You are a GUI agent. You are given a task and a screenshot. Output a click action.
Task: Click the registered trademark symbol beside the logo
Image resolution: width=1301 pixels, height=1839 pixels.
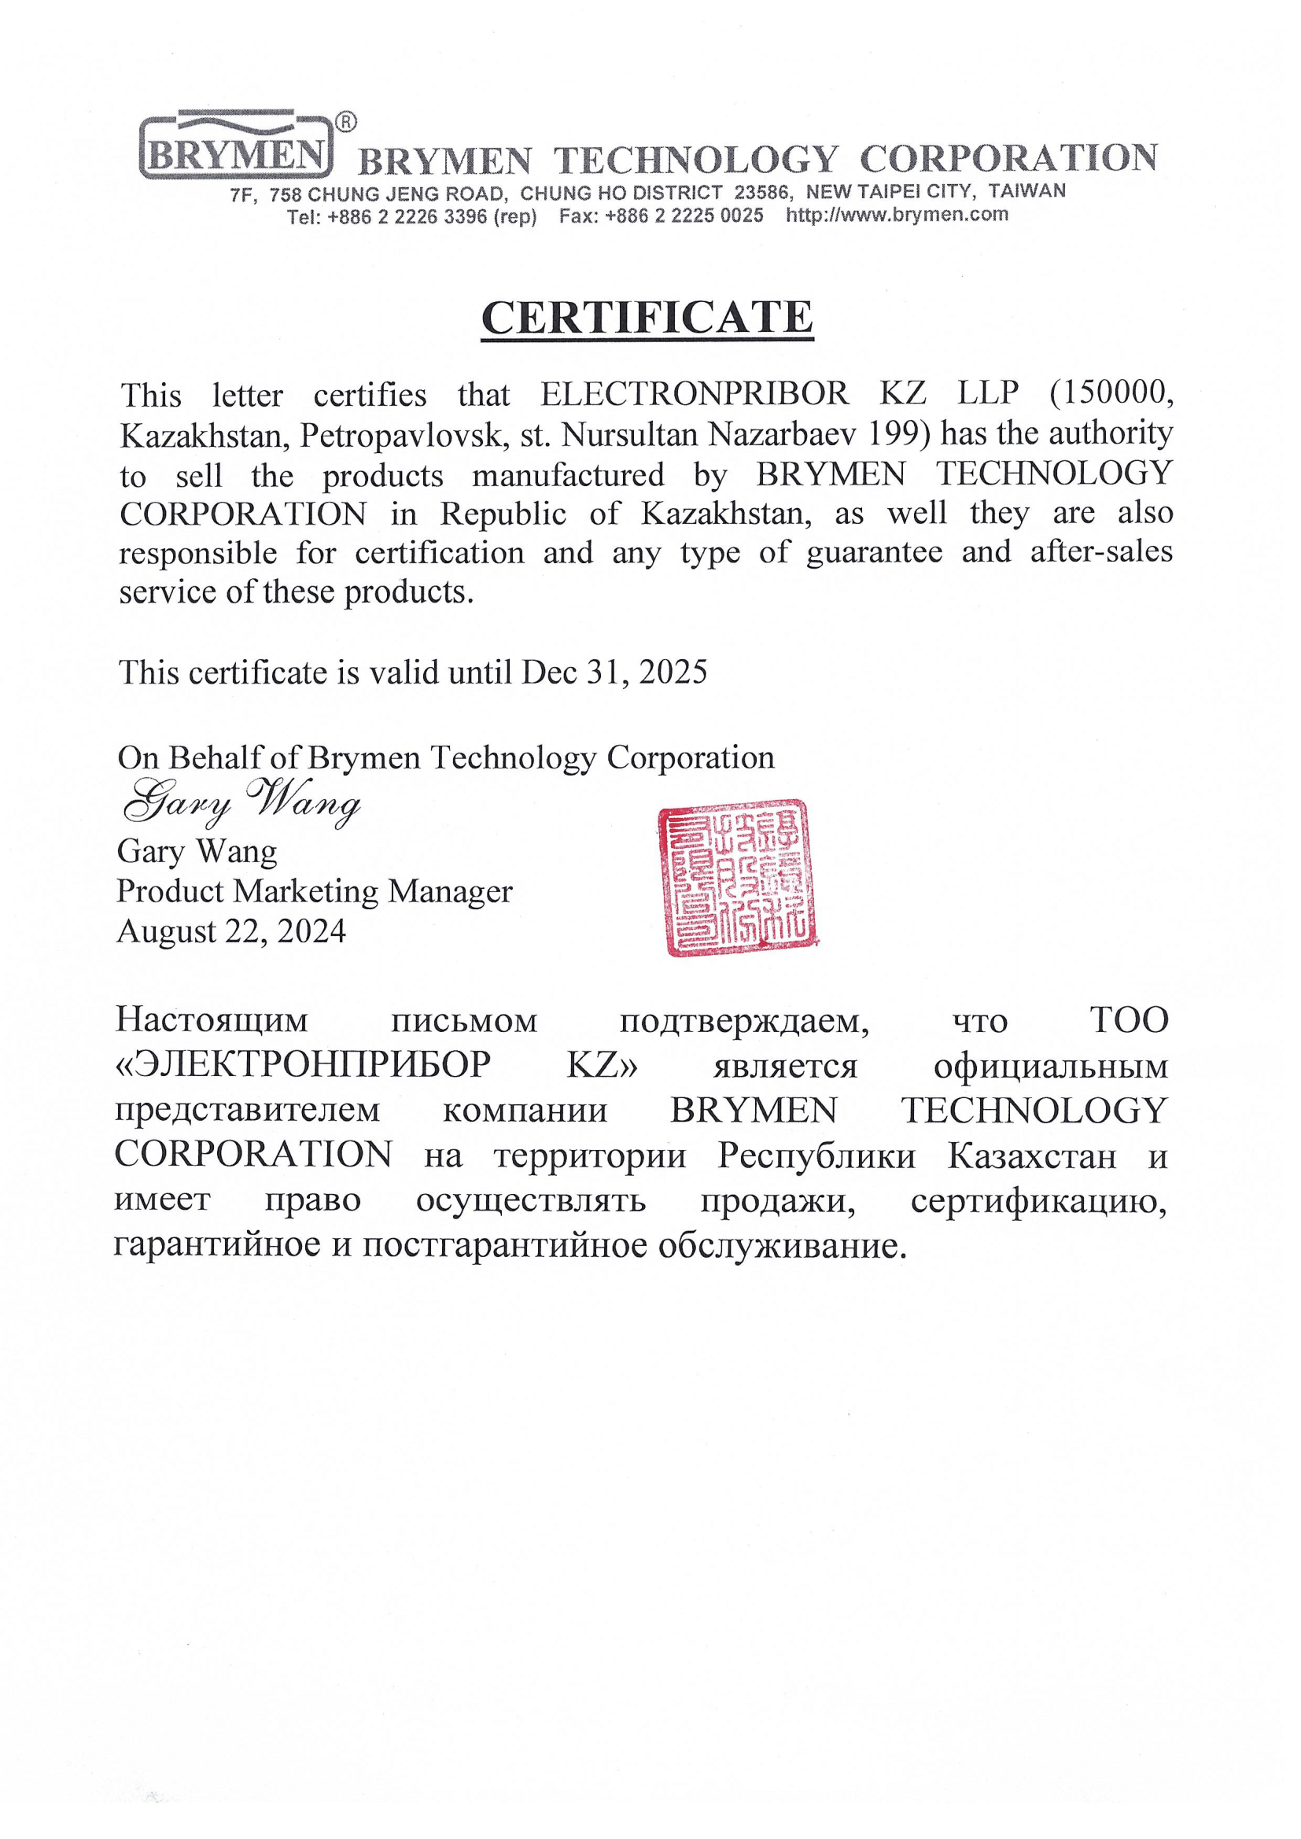[345, 122]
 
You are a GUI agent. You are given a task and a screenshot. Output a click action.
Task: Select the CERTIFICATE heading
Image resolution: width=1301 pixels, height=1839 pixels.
[647, 317]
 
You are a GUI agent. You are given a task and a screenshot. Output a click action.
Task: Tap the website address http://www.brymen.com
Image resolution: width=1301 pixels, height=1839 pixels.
[897, 215]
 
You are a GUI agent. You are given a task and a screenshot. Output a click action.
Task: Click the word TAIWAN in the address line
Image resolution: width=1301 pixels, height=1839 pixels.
[1026, 191]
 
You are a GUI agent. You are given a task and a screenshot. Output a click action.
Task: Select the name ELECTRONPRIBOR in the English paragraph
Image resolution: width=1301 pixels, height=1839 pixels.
[695, 393]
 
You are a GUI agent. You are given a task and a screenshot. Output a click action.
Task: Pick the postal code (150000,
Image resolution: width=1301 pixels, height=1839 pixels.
[1111, 392]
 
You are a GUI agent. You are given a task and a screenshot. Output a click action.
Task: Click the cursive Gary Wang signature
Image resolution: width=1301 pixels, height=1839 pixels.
[241, 802]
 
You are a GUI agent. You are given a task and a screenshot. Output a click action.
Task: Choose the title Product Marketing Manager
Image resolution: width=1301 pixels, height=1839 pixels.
[314, 891]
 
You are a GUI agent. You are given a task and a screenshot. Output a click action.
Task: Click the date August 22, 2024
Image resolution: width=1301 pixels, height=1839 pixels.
[230, 931]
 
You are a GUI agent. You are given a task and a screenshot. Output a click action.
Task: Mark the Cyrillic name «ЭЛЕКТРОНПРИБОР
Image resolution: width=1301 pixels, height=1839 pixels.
[302, 1065]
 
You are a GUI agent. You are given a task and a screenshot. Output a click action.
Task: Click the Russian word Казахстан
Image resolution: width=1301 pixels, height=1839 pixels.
[1031, 1155]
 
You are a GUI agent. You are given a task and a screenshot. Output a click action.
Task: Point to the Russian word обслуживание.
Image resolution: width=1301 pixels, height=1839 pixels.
[782, 1245]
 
